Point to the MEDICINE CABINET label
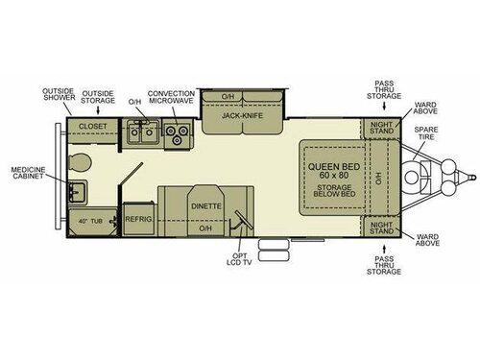click(x=29, y=175)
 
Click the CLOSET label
click(x=92, y=126)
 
